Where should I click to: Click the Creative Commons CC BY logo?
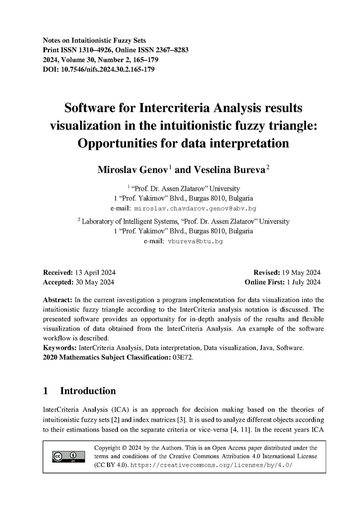pyautogui.click(x=67, y=456)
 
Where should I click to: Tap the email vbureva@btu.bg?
pyautogui.click(x=195, y=241)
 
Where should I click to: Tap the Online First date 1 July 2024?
pyautogui.click(x=303, y=282)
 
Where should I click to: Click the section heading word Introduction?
pyautogui.click(x=88, y=391)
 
